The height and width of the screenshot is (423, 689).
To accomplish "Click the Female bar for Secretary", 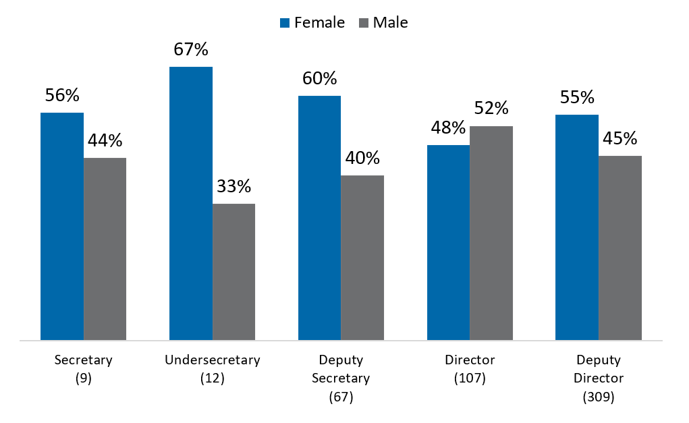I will click(x=62, y=226).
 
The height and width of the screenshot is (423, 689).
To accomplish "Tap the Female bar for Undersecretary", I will click(x=191, y=203).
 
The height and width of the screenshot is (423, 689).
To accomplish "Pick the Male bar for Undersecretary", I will click(x=233, y=271).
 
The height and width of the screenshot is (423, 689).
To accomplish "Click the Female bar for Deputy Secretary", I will click(x=319, y=218).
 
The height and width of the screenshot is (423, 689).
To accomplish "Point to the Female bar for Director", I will click(x=448, y=242).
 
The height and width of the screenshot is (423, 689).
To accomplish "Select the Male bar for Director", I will click(x=491, y=233).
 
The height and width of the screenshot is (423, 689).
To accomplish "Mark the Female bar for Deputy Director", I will click(x=577, y=227).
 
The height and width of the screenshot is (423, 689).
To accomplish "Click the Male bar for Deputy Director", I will click(x=620, y=248).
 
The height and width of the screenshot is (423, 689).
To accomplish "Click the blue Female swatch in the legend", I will click(x=285, y=23).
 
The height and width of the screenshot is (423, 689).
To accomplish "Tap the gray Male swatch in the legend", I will click(x=363, y=23).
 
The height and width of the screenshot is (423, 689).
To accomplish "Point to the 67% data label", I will click(x=191, y=50).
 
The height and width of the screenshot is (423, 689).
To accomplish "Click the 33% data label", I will click(x=234, y=186).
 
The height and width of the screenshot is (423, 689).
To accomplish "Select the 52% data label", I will click(x=491, y=109).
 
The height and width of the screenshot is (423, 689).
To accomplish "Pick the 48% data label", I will click(x=448, y=128).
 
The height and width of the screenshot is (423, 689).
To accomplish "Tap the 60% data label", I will click(x=319, y=79).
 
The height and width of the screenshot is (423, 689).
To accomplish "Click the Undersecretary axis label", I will click(x=212, y=360).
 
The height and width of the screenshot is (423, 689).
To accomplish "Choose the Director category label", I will click(x=470, y=360).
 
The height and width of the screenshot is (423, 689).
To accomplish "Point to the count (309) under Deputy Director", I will click(x=598, y=397).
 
